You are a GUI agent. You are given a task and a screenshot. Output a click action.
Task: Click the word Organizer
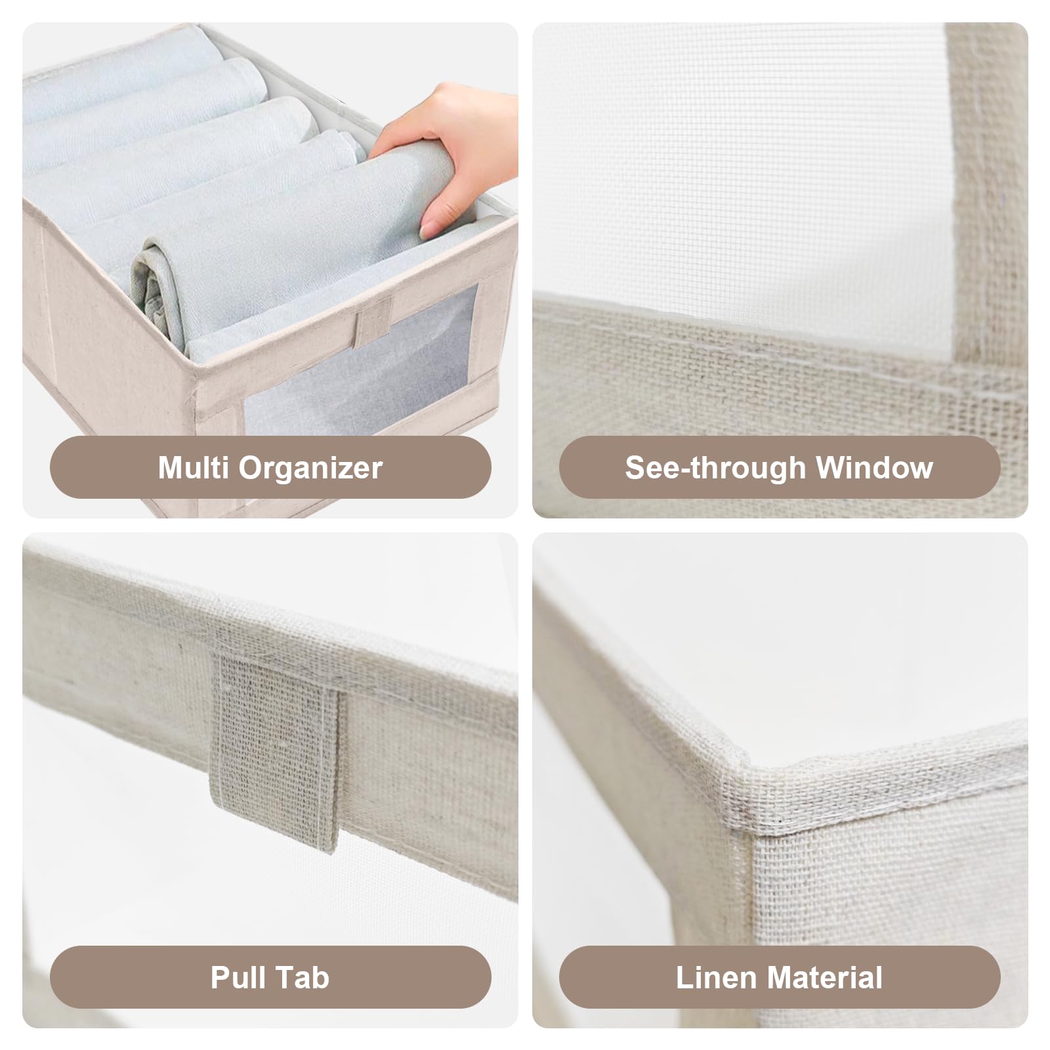(x=310, y=469)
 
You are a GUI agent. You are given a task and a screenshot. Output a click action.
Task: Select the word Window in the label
(x=874, y=467)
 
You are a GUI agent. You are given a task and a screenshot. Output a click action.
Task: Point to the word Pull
(x=238, y=977)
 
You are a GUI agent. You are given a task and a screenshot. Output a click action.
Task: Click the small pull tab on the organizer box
(x=373, y=321)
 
